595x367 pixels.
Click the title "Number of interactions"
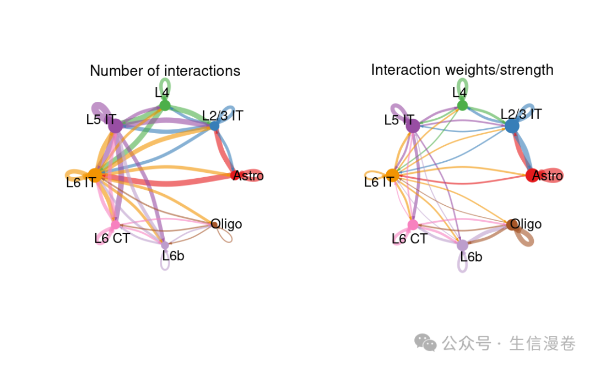165,71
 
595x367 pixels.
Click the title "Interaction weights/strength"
462,70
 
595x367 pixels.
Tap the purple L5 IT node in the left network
115,126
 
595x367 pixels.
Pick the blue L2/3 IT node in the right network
512,126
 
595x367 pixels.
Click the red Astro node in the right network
532,176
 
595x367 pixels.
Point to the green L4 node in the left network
165,105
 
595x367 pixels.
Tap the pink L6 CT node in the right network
413,224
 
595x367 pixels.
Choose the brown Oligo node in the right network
513,224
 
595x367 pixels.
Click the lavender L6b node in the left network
165,245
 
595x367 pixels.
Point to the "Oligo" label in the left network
226,224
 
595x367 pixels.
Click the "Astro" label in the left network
248,176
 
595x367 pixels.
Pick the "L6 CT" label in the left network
112,238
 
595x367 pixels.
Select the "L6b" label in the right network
471,257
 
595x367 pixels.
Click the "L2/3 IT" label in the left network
223,116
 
